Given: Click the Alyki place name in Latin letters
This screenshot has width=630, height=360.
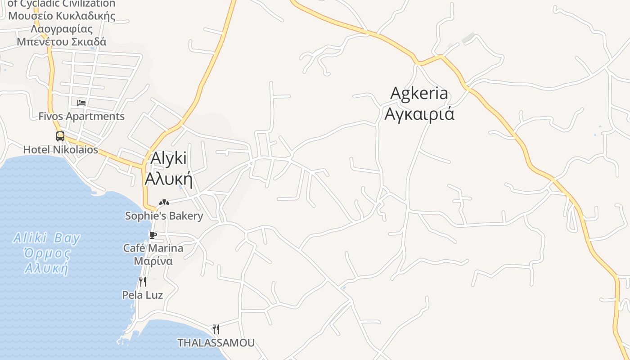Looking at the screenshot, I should click(x=168, y=159).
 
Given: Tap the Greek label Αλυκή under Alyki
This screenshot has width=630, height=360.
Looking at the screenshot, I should click(x=168, y=179).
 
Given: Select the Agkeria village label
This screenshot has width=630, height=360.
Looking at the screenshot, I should click(x=419, y=93).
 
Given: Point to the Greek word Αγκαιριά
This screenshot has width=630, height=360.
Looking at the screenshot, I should click(x=419, y=113).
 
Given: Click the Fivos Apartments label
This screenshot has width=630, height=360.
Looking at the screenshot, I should click(x=81, y=116).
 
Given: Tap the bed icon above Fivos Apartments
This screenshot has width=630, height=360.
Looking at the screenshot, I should click(x=81, y=103).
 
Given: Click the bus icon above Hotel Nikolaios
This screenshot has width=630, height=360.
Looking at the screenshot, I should click(x=60, y=136).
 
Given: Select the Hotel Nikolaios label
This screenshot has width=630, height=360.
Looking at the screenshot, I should click(x=60, y=149).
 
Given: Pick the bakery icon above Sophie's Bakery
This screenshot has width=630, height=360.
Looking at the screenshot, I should click(x=164, y=202).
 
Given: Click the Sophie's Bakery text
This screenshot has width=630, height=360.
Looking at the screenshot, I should click(x=164, y=216).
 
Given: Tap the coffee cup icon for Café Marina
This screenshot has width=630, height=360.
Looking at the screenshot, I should click(x=153, y=235).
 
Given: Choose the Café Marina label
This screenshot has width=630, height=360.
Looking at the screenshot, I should click(x=153, y=248).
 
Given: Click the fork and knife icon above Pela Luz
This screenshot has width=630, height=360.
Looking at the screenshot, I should click(x=142, y=282).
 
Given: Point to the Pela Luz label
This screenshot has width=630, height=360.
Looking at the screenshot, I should click(x=143, y=295).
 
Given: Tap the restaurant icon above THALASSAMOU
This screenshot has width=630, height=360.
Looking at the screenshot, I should click(x=216, y=329).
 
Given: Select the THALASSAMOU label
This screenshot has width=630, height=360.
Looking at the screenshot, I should click(x=216, y=343).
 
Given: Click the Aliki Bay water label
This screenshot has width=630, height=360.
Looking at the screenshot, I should click(x=47, y=238).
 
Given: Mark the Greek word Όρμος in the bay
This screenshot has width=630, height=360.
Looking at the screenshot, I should click(x=48, y=253).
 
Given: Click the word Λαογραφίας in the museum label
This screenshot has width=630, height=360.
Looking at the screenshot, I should click(x=62, y=29).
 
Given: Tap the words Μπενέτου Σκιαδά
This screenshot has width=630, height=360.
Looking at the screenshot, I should click(x=62, y=42).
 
